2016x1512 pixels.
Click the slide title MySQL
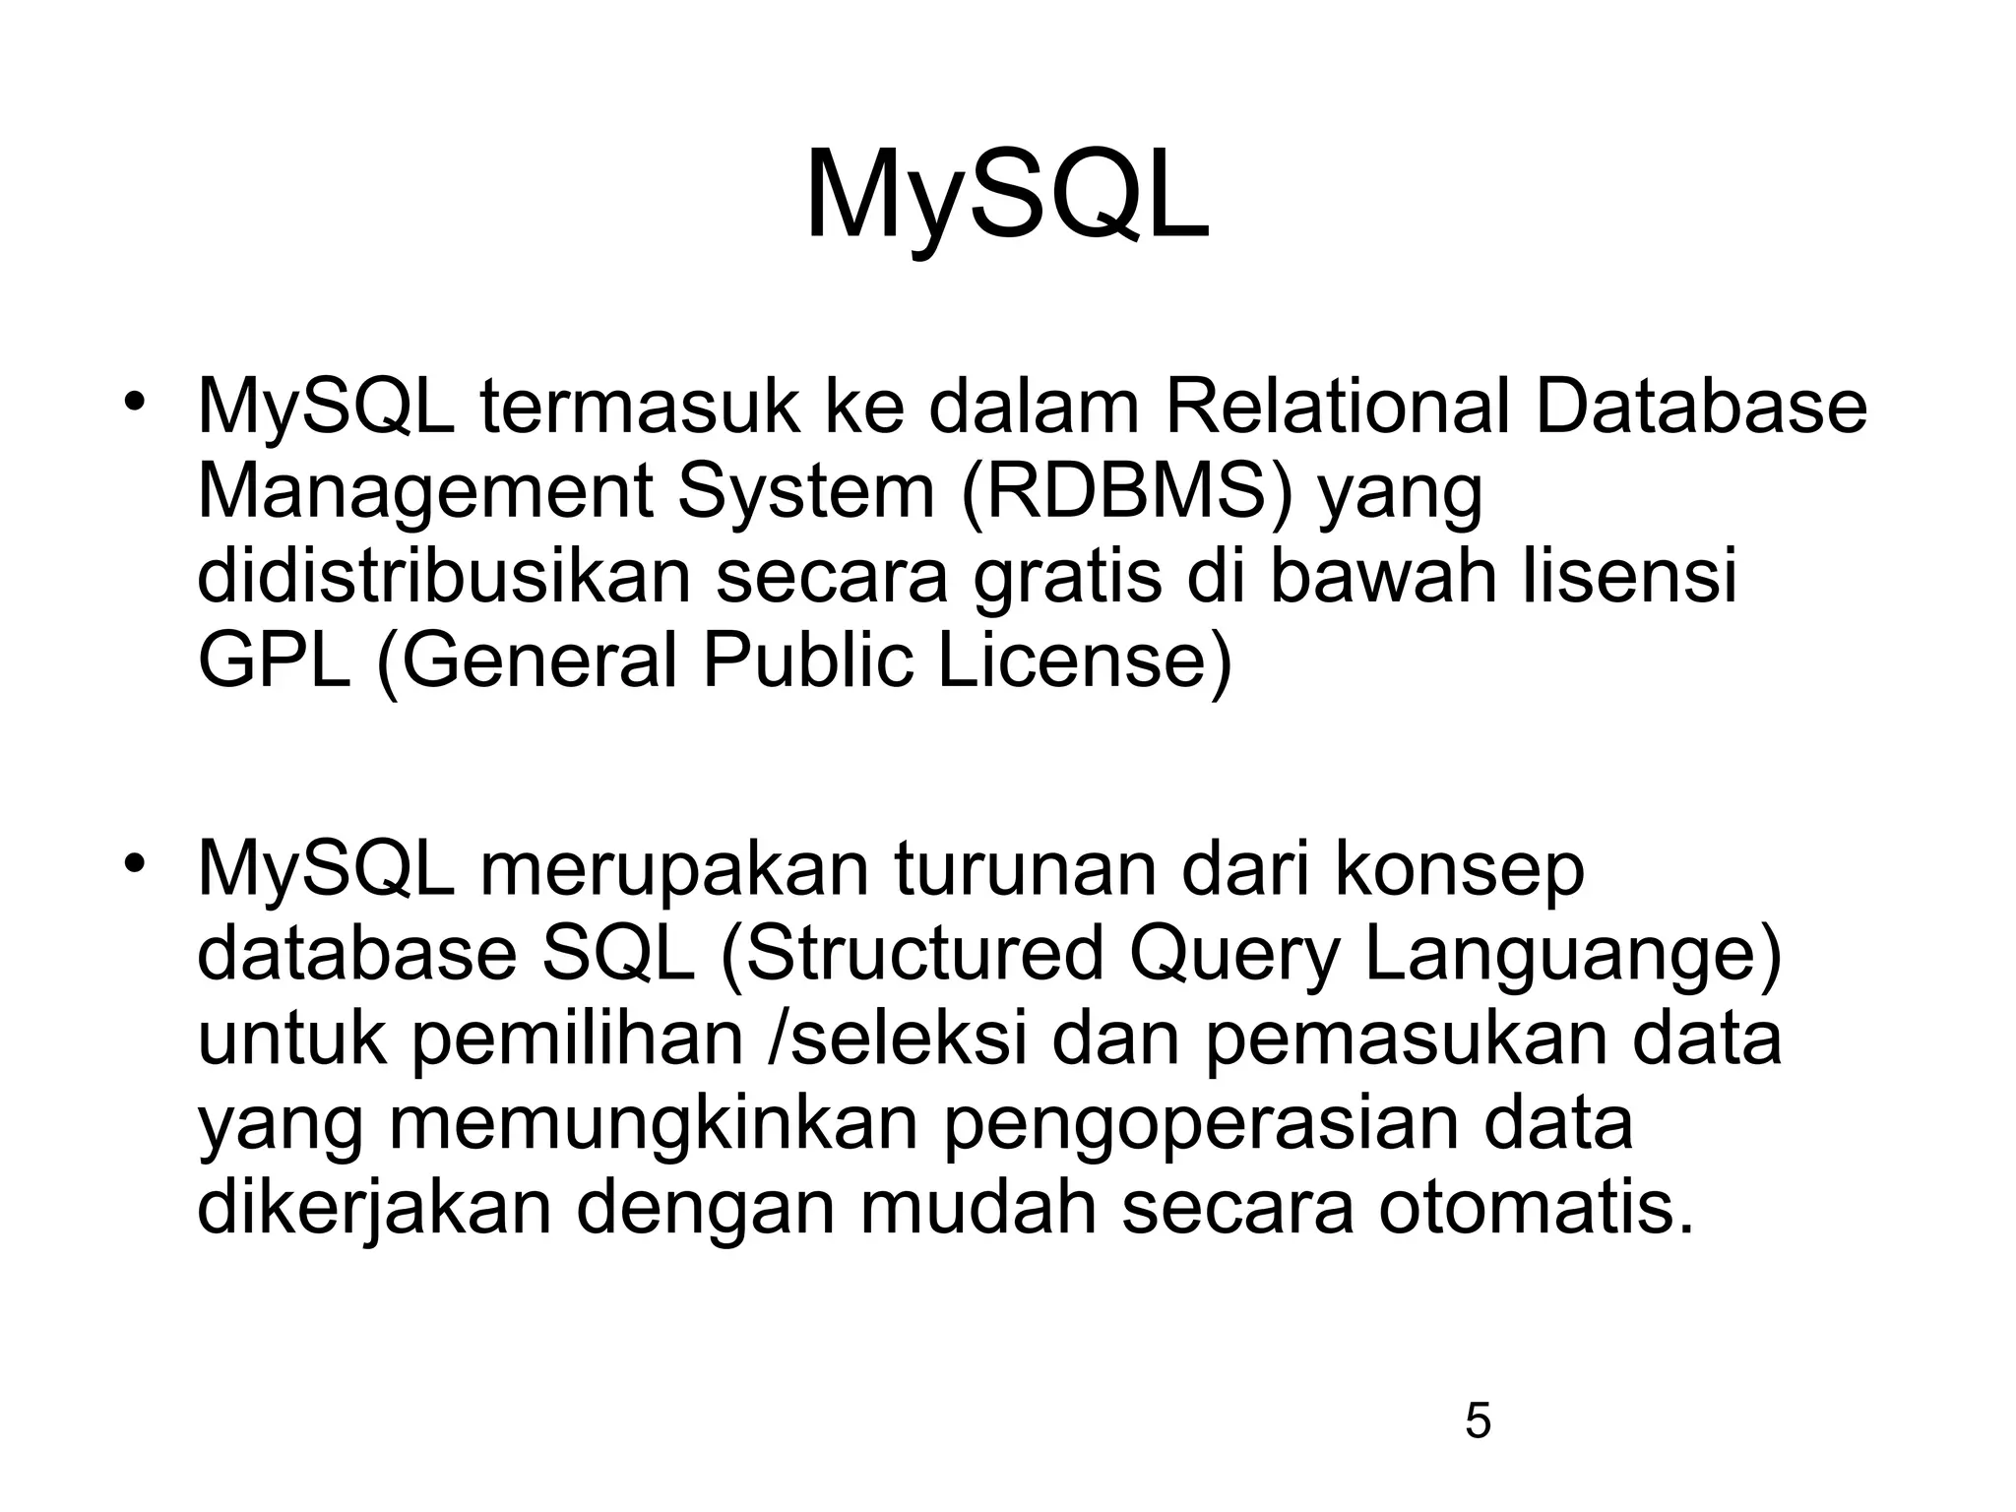click(x=1007, y=197)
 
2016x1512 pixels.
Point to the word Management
click(x=424, y=492)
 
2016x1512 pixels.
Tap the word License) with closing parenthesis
click(x=1084, y=661)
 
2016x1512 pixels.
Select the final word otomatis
click(x=1537, y=1209)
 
